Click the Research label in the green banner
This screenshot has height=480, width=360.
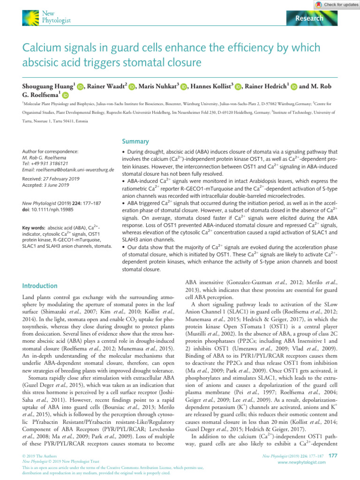tap(309, 18)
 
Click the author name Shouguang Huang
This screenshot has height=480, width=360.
tap(46, 86)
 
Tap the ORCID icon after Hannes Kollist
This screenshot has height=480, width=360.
tap(239, 87)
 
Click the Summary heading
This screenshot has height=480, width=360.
tap(135, 141)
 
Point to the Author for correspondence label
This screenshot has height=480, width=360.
tap(50, 152)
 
